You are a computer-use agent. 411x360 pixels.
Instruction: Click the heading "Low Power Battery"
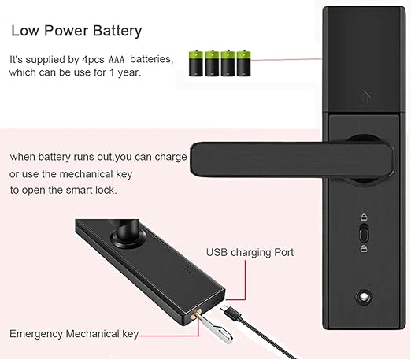point(76,31)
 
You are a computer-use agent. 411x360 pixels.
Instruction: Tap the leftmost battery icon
point(196,63)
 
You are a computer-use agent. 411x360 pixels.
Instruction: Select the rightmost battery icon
point(244,63)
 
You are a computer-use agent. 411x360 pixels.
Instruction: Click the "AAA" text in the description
point(117,60)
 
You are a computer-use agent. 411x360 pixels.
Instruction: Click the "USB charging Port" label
point(250,252)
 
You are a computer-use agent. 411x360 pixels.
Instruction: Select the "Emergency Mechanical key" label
point(74,334)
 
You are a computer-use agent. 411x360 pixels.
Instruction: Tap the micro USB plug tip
point(224,308)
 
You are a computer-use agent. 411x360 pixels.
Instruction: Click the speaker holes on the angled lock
point(187,268)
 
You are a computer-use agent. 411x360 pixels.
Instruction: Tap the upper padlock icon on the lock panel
point(364,217)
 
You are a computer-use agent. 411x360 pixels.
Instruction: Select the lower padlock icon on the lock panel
point(364,248)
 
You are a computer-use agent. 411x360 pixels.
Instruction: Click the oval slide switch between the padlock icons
point(364,232)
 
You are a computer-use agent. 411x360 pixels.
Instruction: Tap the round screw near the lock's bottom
point(364,298)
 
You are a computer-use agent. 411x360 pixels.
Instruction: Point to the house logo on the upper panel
point(365,98)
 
